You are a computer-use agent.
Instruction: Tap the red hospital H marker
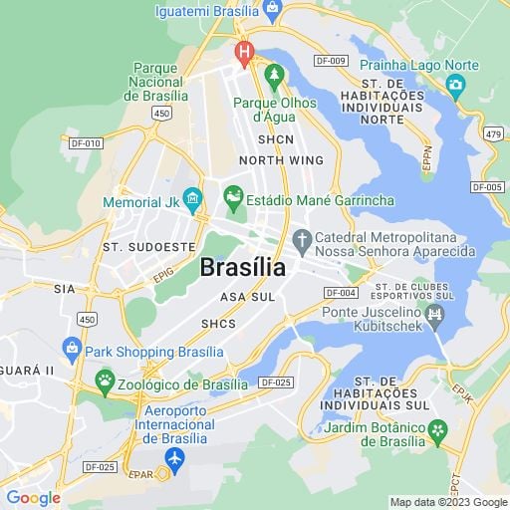242,50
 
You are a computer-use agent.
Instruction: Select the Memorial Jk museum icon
193,201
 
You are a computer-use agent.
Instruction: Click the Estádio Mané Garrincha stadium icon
234,199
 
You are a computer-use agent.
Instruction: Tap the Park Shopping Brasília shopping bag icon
72,349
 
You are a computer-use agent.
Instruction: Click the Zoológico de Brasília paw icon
105,380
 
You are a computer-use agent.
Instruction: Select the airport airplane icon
175,458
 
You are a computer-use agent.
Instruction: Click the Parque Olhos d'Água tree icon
274,75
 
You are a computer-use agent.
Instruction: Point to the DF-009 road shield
333,61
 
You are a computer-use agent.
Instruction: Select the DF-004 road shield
341,292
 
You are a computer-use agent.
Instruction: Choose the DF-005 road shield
487,187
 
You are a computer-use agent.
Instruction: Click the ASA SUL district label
247,297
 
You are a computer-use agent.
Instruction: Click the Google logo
33,498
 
